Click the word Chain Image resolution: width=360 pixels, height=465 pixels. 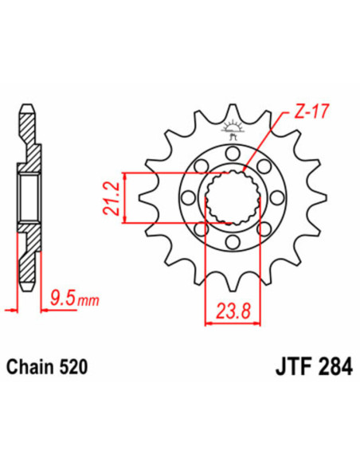coord(31,368)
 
